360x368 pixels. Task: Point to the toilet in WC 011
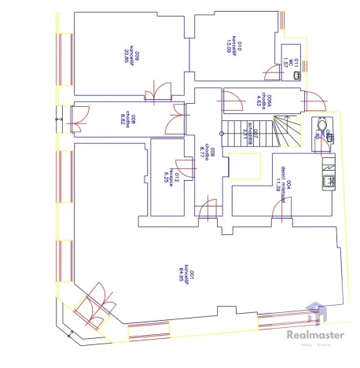296,75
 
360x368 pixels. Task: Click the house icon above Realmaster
313,313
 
